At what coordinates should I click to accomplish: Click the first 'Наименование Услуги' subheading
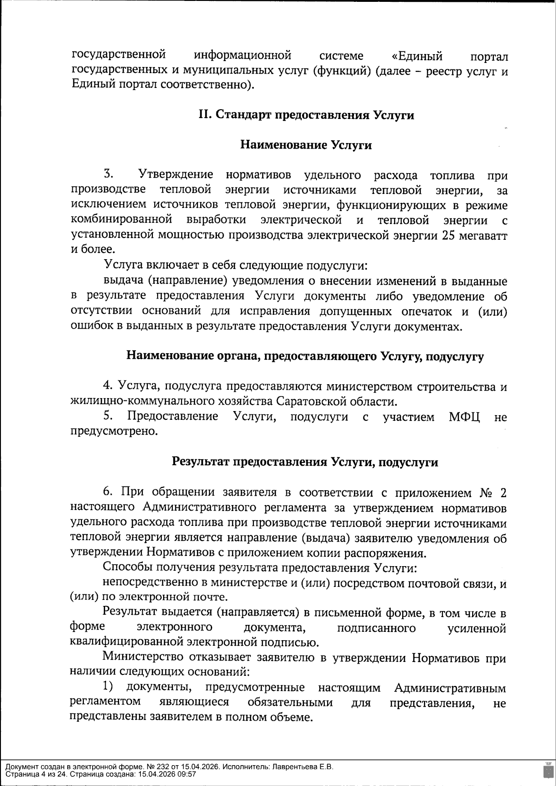coord(306,145)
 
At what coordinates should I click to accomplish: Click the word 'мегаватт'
coord(484,235)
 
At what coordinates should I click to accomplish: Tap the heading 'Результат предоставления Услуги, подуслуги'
coord(305,462)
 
